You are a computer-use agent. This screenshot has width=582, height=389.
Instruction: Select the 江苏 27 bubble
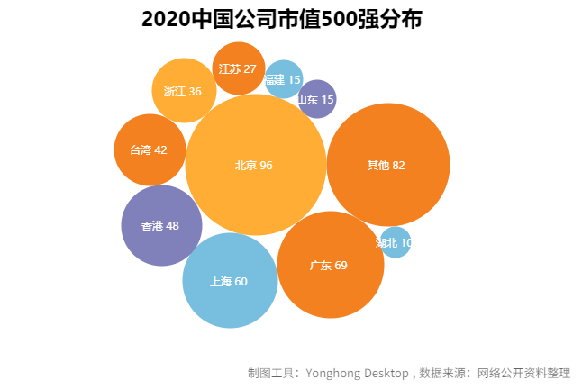coord(239,56)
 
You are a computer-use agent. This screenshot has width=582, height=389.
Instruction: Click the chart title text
coord(281,20)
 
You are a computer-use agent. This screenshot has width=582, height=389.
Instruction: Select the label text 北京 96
coord(253,165)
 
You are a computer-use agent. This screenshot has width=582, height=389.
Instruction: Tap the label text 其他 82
coord(386,165)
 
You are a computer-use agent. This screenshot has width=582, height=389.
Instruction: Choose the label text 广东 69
coord(328,265)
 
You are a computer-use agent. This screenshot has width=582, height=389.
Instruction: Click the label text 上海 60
coord(229,281)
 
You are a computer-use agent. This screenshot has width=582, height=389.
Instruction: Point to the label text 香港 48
coord(159,225)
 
